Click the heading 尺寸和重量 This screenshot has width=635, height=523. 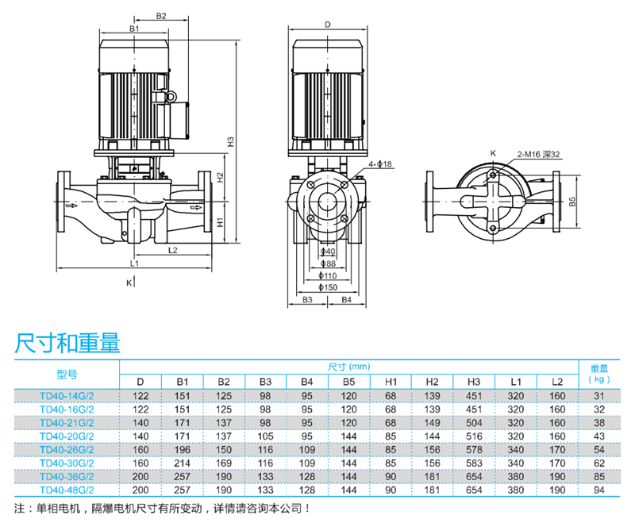[x=67, y=342]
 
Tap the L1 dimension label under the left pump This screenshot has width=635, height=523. [x=135, y=262]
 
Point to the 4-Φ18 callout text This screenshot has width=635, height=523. [x=382, y=164]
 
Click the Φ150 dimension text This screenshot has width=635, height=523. [x=328, y=286]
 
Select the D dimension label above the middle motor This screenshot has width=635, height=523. [x=328, y=24]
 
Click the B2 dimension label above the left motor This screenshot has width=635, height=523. [x=161, y=15]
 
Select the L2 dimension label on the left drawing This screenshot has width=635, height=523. [x=173, y=250]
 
